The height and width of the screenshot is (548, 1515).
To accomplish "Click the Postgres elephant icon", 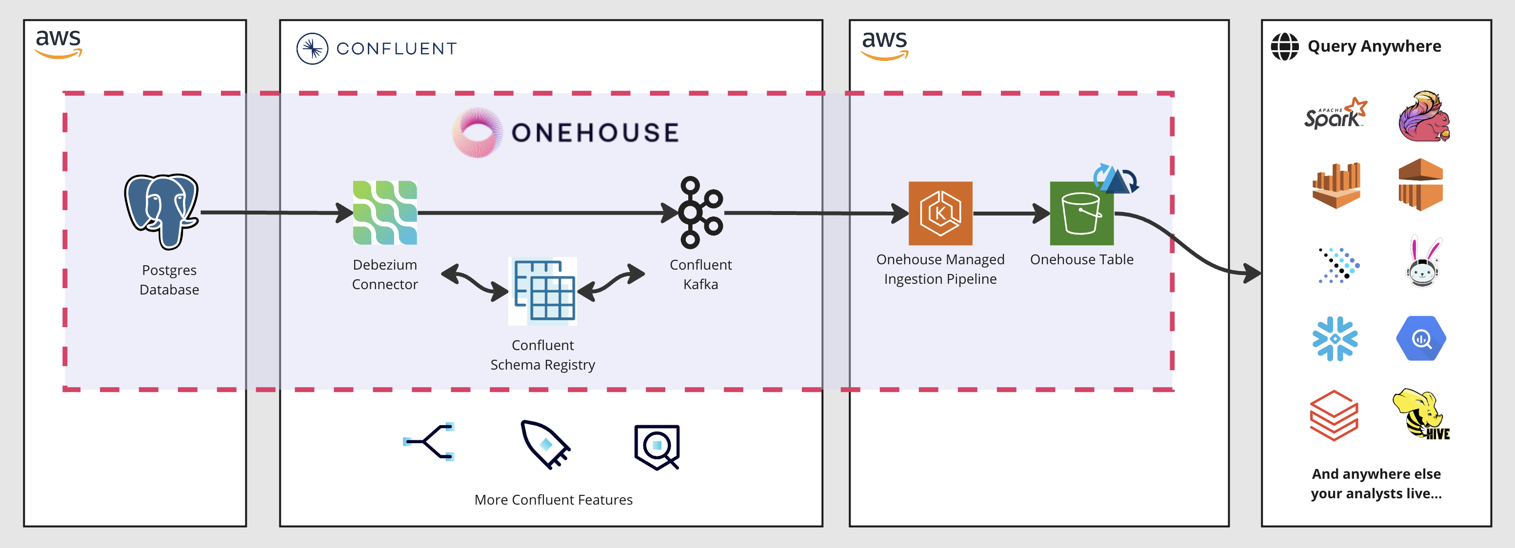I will click(x=162, y=212).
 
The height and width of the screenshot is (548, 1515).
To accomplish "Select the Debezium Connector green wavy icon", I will click(x=385, y=213).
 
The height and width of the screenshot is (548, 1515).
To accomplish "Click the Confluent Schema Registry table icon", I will click(x=542, y=291).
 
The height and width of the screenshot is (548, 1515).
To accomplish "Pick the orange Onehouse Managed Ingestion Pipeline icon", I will click(x=940, y=214).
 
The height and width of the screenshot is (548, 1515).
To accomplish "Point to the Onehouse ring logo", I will click(x=477, y=132).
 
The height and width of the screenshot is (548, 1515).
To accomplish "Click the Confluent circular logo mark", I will click(x=312, y=49).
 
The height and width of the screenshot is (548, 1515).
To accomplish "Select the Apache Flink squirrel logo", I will click(x=1423, y=117).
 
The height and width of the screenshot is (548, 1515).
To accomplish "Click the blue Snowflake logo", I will click(x=1335, y=339).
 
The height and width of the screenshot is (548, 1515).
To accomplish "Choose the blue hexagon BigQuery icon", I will click(x=1421, y=339).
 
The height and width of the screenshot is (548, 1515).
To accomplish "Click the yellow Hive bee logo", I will click(x=1420, y=414).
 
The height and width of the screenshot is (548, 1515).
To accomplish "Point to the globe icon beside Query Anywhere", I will click(x=1284, y=46).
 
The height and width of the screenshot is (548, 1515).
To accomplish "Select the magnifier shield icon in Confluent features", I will click(x=657, y=446).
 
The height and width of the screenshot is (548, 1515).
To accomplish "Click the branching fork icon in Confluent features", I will click(x=429, y=442).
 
